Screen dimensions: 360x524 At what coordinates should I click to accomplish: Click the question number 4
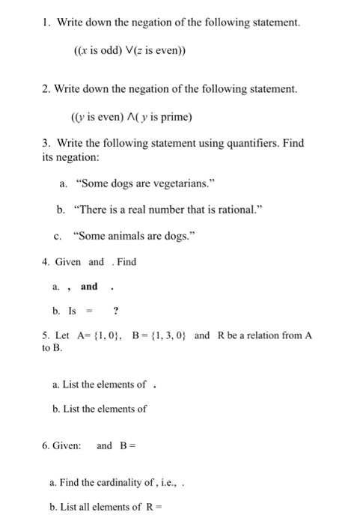click(x=46, y=262)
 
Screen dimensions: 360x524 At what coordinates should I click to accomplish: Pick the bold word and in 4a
click(x=89, y=287)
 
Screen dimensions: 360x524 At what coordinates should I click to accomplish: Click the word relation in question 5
click(x=254, y=335)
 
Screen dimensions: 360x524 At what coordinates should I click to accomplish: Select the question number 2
click(x=46, y=90)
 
